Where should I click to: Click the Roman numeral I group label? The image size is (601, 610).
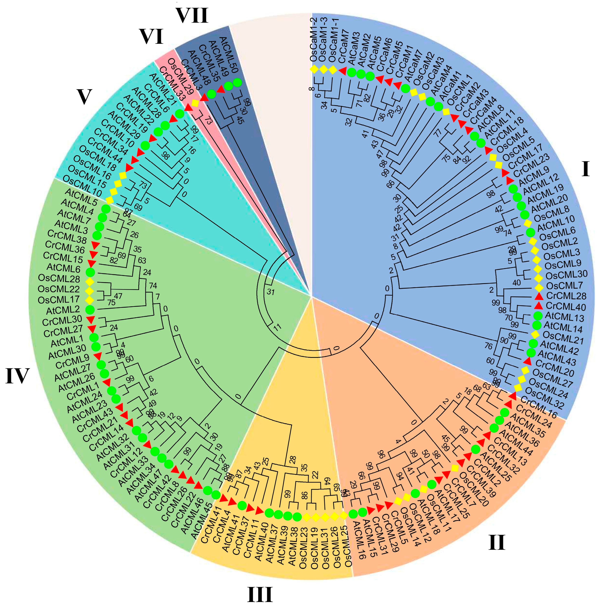[x=585, y=169]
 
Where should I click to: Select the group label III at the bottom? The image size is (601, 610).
[x=260, y=594]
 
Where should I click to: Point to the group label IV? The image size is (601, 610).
[x=17, y=376]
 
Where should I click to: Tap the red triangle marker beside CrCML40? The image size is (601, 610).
[x=539, y=306]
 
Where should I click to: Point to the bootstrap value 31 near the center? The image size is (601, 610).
[x=270, y=292]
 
